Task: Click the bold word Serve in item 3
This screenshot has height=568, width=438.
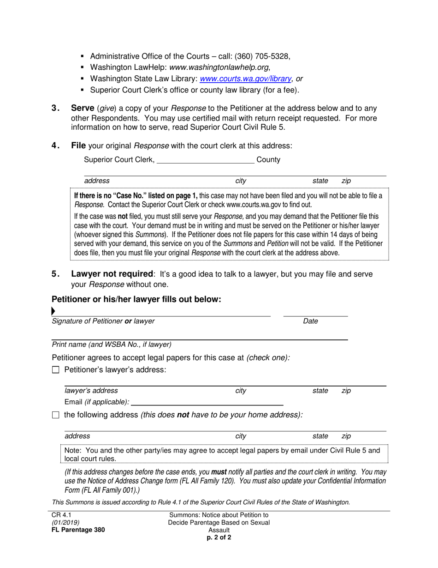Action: tap(83, 109)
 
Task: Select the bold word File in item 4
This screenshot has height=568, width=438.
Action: tap(78, 146)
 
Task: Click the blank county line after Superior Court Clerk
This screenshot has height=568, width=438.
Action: tap(206, 161)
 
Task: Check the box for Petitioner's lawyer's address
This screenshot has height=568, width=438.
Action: tap(56, 370)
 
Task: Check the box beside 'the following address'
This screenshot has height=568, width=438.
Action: tap(56, 415)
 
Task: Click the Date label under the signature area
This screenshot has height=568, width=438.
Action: tap(310, 321)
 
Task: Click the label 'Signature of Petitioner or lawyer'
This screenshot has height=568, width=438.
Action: tap(103, 321)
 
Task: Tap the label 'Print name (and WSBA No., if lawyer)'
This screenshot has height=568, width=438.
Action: tap(112, 344)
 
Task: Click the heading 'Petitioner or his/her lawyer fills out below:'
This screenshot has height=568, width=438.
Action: tap(136, 300)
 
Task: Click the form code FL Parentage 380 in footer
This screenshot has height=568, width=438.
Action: tap(78, 530)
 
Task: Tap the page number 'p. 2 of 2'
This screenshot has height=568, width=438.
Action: tap(219, 538)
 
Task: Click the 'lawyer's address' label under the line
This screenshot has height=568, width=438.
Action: tap(91, 391)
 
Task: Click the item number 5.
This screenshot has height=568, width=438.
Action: tap(55, 274)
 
